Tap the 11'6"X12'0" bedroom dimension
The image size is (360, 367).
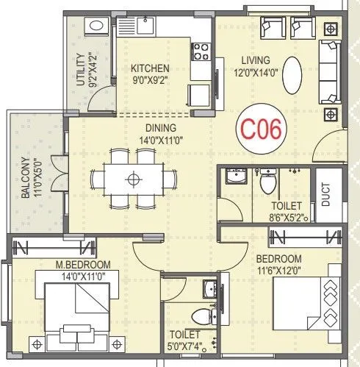(278, 271)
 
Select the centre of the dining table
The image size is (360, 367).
(133, 179)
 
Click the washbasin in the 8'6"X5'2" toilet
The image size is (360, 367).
(235, 178)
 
